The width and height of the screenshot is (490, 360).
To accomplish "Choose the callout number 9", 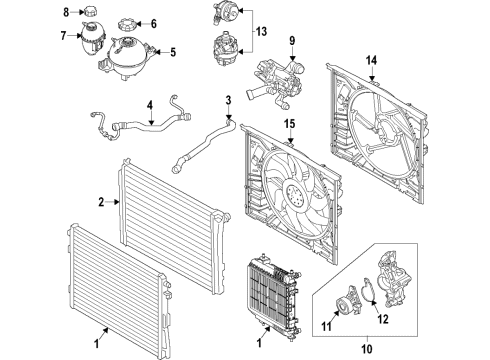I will (x=293, y=41).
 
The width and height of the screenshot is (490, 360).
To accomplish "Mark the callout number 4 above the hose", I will (x=150, y=103).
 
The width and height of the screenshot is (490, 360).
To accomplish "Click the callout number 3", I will (x=227, y=100).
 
